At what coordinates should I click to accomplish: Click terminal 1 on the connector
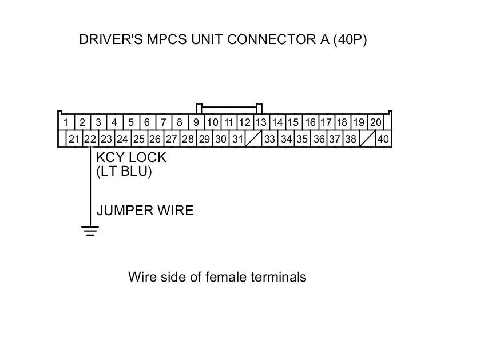[x=66, y=122]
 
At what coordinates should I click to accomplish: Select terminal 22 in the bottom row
[x=90, y=139]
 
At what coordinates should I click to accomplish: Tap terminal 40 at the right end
[x=383, y=139]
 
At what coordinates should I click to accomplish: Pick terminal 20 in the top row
[x=375, y=122]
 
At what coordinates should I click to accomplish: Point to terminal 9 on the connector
[x=196, y=122]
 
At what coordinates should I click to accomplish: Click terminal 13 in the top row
[x=261, y=122]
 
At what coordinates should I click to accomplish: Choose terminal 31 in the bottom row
[x=237, y=139]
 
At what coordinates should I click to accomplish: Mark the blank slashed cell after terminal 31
[x=253, y=139]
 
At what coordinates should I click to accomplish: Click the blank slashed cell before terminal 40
[x=367, y=139]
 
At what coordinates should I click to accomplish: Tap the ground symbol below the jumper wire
[x=90, y=231]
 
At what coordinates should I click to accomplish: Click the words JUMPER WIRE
[x=145, y=211]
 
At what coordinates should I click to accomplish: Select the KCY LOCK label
[x=131, y=157]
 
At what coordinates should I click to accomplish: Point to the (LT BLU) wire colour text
[x=124, y=171]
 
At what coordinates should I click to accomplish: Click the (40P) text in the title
[x=349, y=39]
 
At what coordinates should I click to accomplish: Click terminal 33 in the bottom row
[x=270, y=139]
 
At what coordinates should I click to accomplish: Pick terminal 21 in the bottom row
[x=74, y=139]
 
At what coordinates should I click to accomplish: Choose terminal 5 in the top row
[x=131, y=122]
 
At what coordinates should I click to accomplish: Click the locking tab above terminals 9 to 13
[x=229, y=106]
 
